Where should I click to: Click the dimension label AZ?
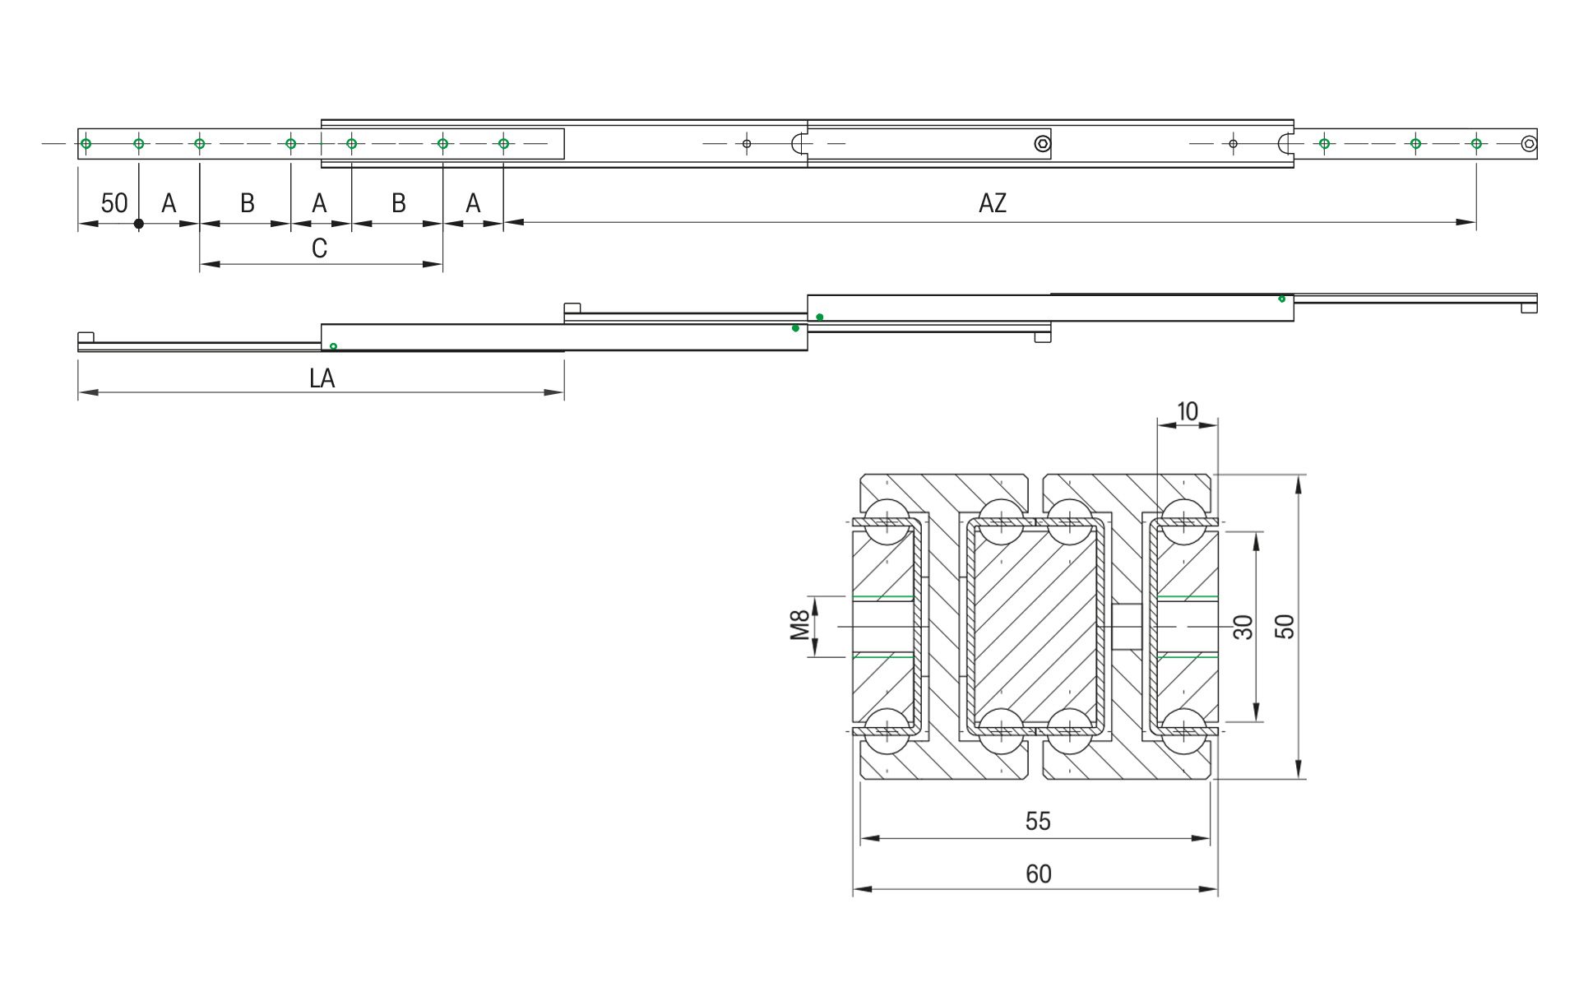[x=992, y=203]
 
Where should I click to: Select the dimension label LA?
[x=322, y=378]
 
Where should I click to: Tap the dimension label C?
[x=320, y=248]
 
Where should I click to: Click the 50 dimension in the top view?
[x=114, y=203]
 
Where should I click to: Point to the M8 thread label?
[x=799, y=625]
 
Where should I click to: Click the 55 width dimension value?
[x=1038, y=821]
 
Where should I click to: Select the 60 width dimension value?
[x=1038, y=873]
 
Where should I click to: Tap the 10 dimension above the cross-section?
[x=1188, y=411]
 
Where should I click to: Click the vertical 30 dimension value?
[x=1243, y=627]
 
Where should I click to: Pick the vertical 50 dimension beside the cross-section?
[x=1285, y=627]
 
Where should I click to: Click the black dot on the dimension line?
[x=139, y=224]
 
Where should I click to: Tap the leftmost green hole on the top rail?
[x=86, y=144]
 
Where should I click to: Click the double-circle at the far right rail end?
[x=1528, y=144]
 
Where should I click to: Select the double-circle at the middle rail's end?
[x=1042, y=145]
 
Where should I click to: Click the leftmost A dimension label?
[x=169, y=203]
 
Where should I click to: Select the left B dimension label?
[x=247, y=203]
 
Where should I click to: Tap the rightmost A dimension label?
[x=473, y=203]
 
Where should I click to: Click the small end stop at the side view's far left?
[x=86, y=337]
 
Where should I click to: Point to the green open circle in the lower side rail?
[x=333, y=346]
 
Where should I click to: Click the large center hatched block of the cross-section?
[x=1035, y=627]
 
